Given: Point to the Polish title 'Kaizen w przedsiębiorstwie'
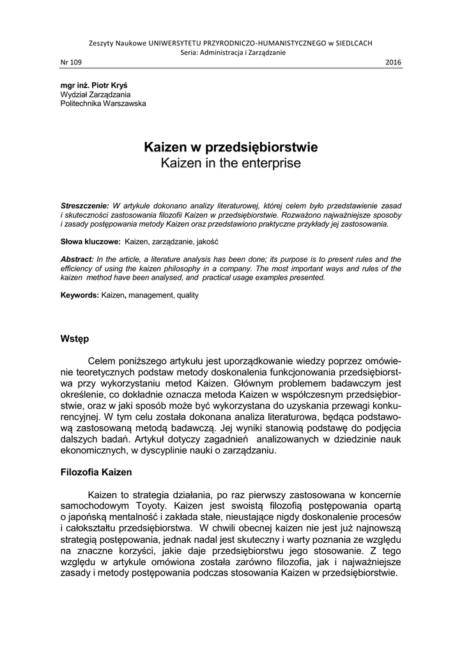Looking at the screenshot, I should click(231, 148).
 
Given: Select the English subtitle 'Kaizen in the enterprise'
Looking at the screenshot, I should click(231, 163).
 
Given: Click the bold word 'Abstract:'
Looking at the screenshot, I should click(77, 259).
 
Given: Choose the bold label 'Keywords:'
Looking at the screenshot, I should click(80, 296).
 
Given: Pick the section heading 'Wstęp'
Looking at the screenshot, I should click(75, 338).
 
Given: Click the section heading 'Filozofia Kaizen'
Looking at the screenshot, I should click(96, 473).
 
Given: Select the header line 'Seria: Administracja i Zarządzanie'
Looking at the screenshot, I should click(231, 52).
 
